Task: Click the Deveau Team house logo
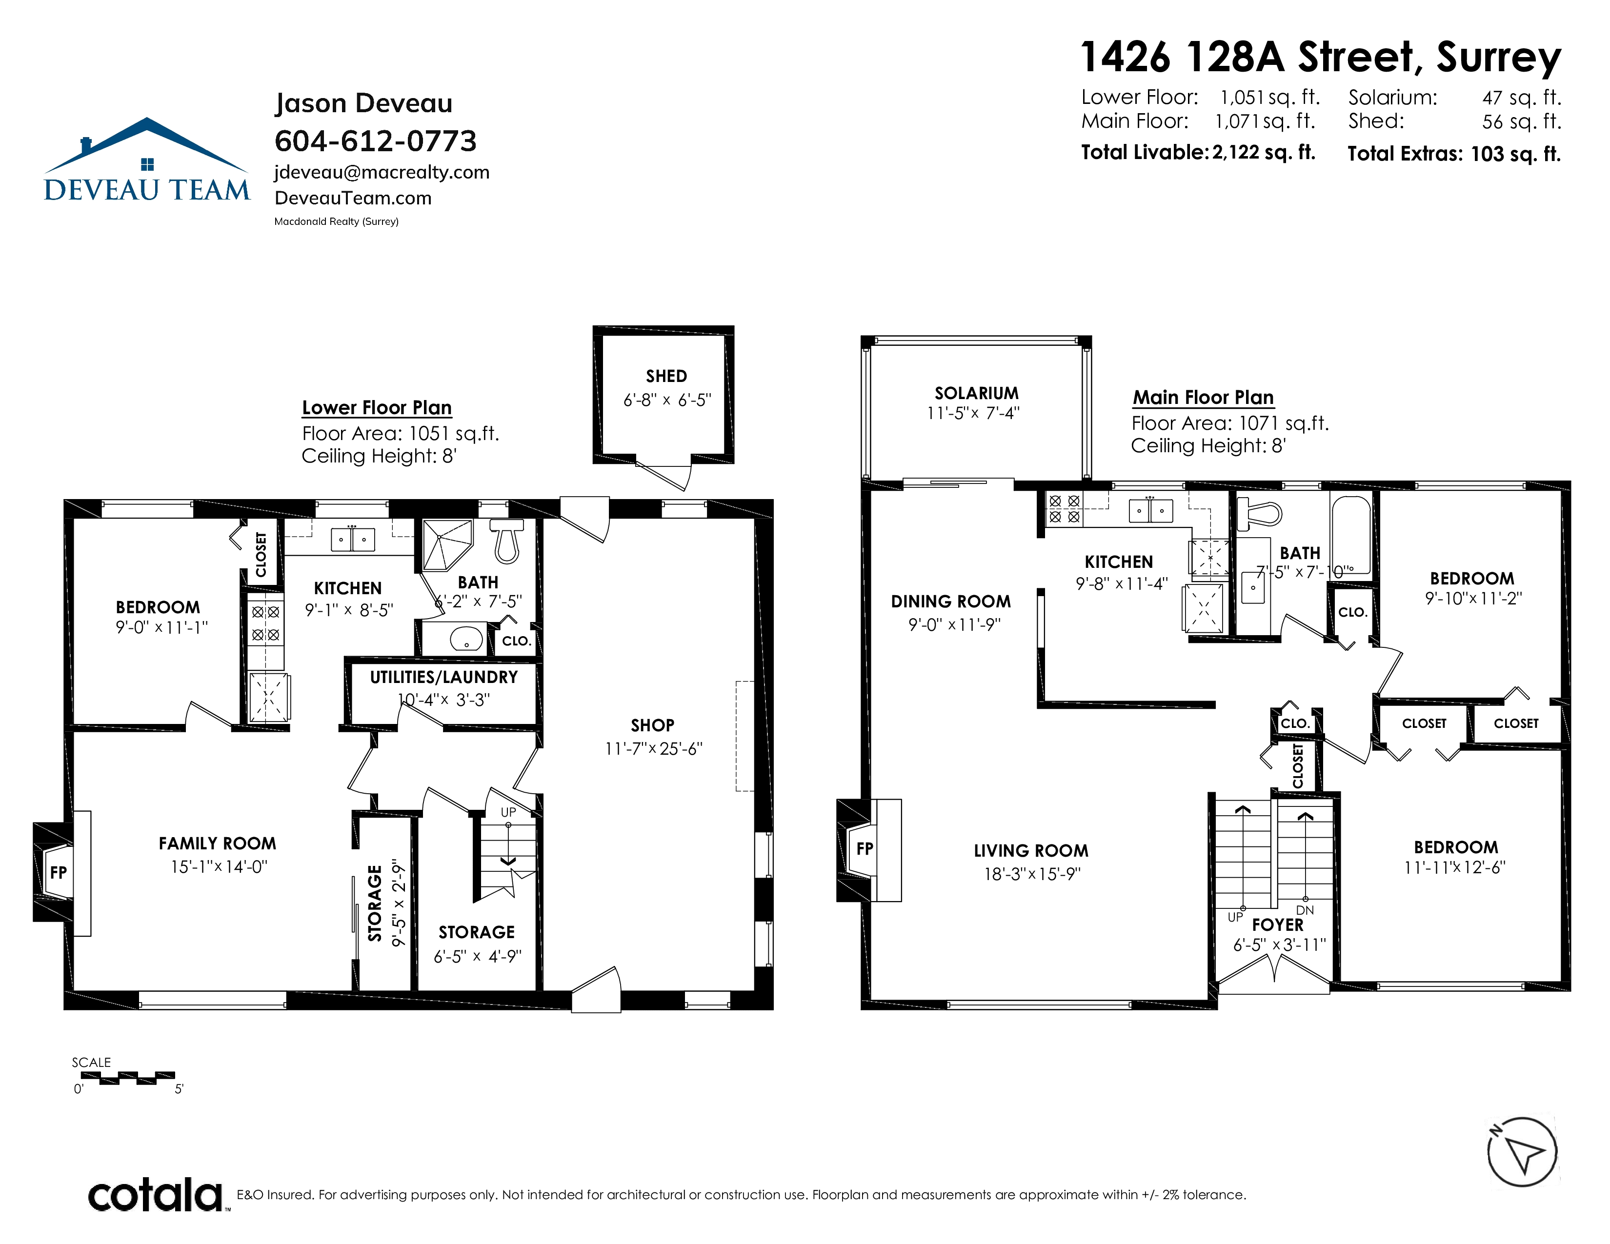(x=147, y=159)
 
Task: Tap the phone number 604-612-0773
(x=376, y=141)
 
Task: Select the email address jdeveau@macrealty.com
(x=382, y=172)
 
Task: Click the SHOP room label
(x=652, y=725)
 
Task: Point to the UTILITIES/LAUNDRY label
(x=444, y=677)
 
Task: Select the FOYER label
(x=1278, y=925)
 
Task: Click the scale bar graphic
(x=127, y=1078)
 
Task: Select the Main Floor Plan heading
(x=1203, y=398)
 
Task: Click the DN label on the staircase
(x=1305, y=911)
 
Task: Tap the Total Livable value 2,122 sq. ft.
(x=1264, y=153)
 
